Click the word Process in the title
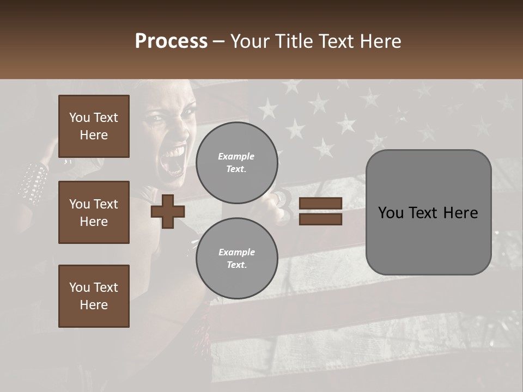point(171,41)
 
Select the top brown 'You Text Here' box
point(94,126)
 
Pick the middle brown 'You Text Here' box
point(94,212)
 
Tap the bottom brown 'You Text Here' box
point(94,296)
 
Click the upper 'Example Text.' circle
point(236,163)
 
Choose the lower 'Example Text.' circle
point(236,259)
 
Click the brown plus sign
point(167,211)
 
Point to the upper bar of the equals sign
point(320,204)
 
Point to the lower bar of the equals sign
point(320,219)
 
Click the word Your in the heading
point(250,41)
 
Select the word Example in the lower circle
point(236,252)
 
